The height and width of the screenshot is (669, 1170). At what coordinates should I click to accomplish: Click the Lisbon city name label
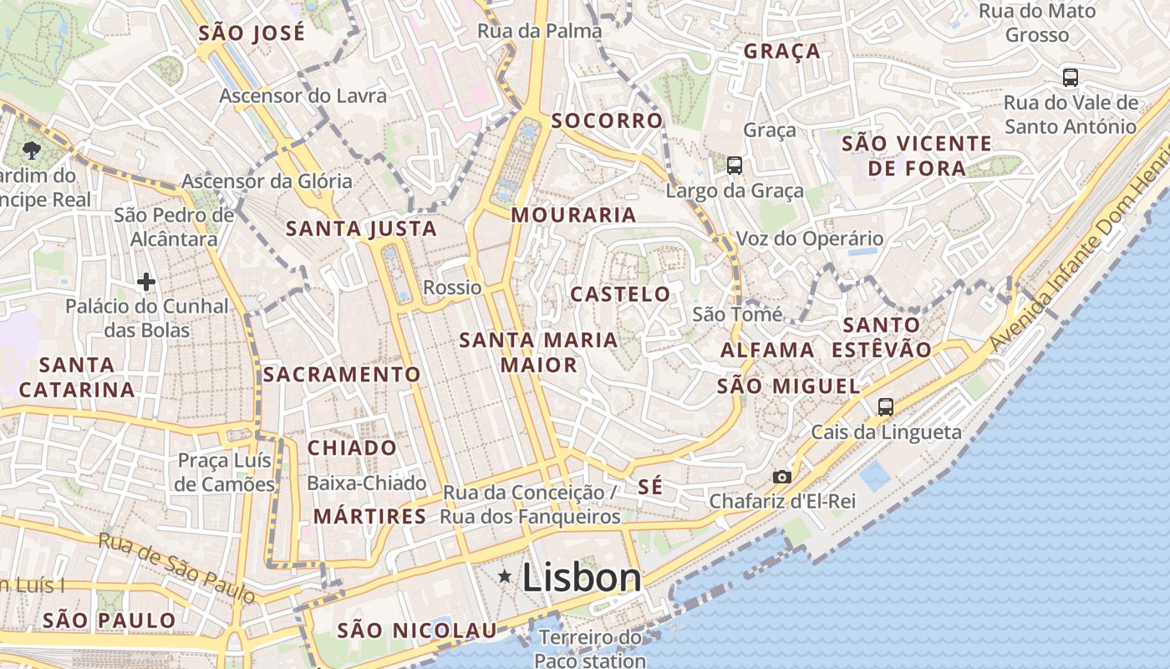click(x=582, y=578)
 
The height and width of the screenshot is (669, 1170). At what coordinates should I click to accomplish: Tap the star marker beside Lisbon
click(x=505, y=576)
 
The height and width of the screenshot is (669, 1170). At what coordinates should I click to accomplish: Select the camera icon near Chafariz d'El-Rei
click(x=782, y=477)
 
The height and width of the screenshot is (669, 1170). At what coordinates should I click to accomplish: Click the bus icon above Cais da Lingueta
click(x=886, y=407)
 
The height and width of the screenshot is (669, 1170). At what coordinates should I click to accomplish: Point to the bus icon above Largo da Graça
click(x=735, y=166)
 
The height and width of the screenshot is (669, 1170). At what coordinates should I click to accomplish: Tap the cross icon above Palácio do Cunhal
click(x=146, y=282)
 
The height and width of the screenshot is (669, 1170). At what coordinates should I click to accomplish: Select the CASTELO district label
click(x=620, y=294)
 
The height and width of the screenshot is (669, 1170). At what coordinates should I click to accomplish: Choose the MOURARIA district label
click(x=573, y=215)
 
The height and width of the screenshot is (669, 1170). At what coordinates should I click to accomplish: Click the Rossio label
click(x=452, y=288)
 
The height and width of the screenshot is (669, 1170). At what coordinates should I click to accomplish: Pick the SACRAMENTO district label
click(x=342, y=375)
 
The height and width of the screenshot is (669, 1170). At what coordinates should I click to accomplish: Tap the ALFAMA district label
click(x=767, y=350)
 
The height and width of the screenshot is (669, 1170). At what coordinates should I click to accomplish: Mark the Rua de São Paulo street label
click(x=176, y=567)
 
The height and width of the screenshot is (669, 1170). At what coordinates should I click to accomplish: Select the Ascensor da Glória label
click(x=267, y=181)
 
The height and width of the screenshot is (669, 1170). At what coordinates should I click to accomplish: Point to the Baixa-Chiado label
click(x=366, y=483)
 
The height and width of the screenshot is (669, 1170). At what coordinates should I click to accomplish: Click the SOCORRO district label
click(x=607, y=120)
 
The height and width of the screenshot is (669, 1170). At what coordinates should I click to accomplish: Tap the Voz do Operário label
click(x=809, y=238)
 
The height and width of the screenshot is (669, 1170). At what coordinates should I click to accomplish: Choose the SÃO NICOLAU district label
click(x=416, y=631)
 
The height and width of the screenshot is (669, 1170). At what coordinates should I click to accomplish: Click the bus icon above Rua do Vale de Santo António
click(x=1071, y=78)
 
